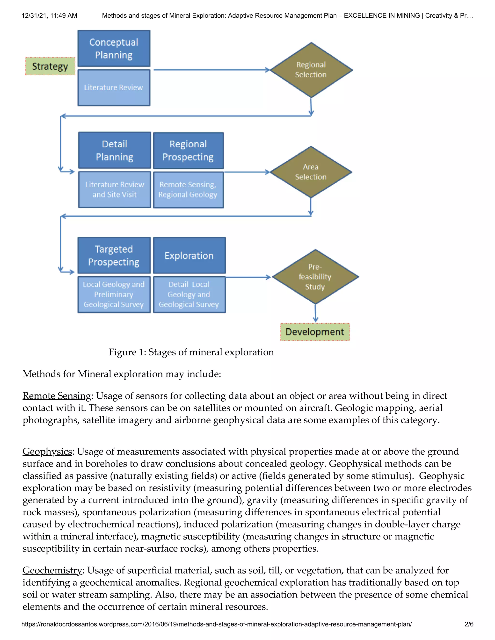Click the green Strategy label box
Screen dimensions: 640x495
[50, 66]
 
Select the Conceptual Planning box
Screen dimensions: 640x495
[114, 48]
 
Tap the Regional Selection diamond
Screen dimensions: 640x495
[311, 70]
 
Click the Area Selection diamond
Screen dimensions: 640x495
[311, 172]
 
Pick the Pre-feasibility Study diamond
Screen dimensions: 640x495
[315, 277]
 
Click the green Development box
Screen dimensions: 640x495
[315, 332]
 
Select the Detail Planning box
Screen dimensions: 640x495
[114, 150]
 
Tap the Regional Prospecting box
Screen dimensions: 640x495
[188, 150]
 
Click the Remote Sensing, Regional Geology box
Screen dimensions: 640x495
[188, 190]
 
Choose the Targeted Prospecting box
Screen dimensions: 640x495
[114, 255]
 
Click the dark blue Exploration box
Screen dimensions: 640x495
[189, 255]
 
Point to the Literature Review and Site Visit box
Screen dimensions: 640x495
[114, 190]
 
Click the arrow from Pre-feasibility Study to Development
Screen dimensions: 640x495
[315, 313]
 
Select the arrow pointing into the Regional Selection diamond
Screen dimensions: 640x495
[211, 70]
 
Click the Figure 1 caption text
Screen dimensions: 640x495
[191, 352]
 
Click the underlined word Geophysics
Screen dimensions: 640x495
[47, 452]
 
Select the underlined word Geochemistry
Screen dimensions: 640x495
[52, 570]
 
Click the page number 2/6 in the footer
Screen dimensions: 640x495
[469, 624]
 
